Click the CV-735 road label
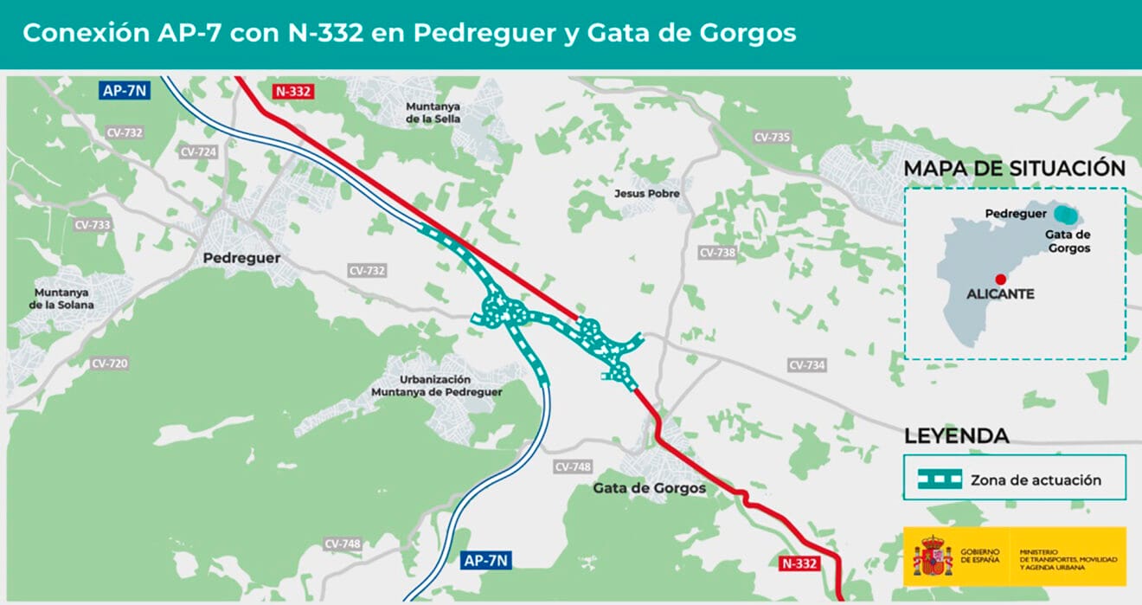click(772, 137)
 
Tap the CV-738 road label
click(716, 253)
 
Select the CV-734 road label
click(806, 365)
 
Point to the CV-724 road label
click(198, 151)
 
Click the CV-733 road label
click(93, 224)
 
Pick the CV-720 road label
click(109, 364)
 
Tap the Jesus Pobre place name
click(646, 194)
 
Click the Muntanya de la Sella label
click(433, 113)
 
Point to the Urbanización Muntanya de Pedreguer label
click(436, 386)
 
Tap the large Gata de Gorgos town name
click(649, 488)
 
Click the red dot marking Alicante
click(1000, 279)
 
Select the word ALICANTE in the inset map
click(1000, 294)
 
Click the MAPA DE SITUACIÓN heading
click(1014, 169)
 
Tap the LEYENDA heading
click(956, 436)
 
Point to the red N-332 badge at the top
click(292, 91)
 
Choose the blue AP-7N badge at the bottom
click(485, 560)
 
